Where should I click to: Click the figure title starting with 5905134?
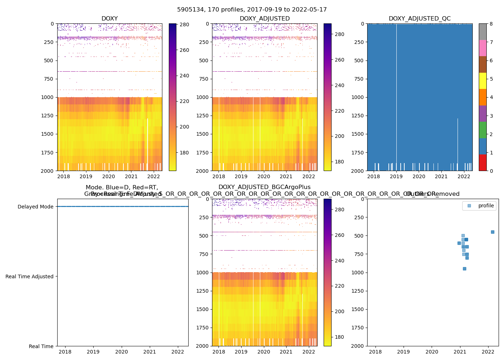pyautogui.click(x=252, y=10)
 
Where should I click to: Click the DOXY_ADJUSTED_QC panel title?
pyautogui.click(x=419, y=19)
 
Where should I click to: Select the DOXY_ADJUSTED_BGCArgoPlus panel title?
pyautogui.click(x=264, y=187)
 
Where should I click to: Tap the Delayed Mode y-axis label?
pyautogui.click(x=35, y=207)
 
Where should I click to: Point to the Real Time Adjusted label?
pyautogui.click(x=29, y=276)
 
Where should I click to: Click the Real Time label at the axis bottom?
pyautogui.click(x=41, y=346)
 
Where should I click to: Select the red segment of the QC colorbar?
pyautogui.click(x=483, y=162)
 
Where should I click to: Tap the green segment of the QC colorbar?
pyautogui.click(x=483, y=130)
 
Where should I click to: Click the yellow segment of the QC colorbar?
pyautogui.click(x=483, y=81)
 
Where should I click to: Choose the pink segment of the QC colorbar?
pyautogui.click(x=483, y=48)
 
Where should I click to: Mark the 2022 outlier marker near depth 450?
pyautogui.click(x=492, y=232)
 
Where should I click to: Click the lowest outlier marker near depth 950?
pyautogui.click(x=464, y=269)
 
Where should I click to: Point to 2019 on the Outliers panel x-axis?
pyautogui.click(x=404, y=352)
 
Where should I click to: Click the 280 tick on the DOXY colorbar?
pyautogui.click(x=184, y=24)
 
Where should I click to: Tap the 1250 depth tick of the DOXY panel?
pyautogui.click(x=48, y=116)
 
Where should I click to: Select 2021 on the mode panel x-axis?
pyautogui.click(x=150, y=352)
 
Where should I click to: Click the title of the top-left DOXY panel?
pyautogui.click(x=109, y=19)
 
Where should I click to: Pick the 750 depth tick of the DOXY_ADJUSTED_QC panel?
pyautogui.click(x=358, y=79)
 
